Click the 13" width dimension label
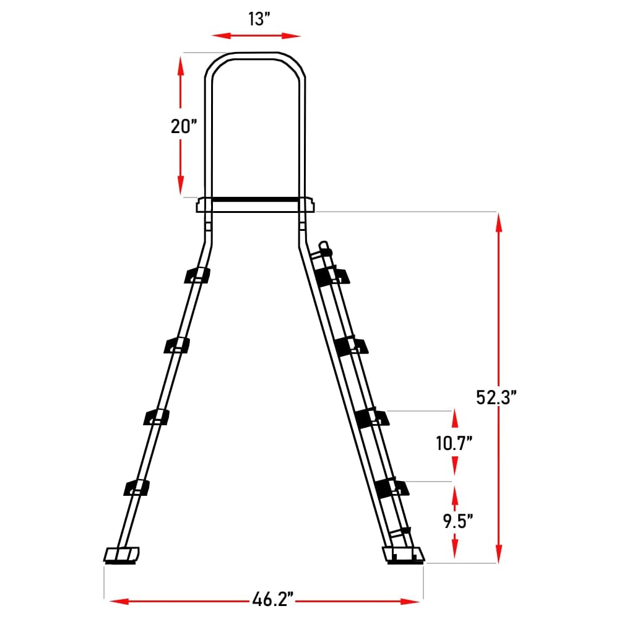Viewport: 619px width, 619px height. pyautogui.click(x=256, y=19)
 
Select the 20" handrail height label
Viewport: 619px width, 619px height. pyautogui.click(x=183, y=126)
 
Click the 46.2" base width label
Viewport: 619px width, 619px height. pyautogui.click(x=272, y=600)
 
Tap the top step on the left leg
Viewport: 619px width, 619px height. pyautogui.click(x=197, y=275)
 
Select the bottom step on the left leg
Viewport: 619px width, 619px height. pyautogui.click(x=136, y=488)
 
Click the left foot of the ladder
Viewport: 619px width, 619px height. pyautogui.click(x=121, y=555)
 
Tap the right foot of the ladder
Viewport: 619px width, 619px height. pyautogui.click(x=404, y=555)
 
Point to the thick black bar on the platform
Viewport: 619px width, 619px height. pyautogui.click(x=255, y=200)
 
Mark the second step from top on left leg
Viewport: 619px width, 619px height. pyautogui.click(x=177, y=346)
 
